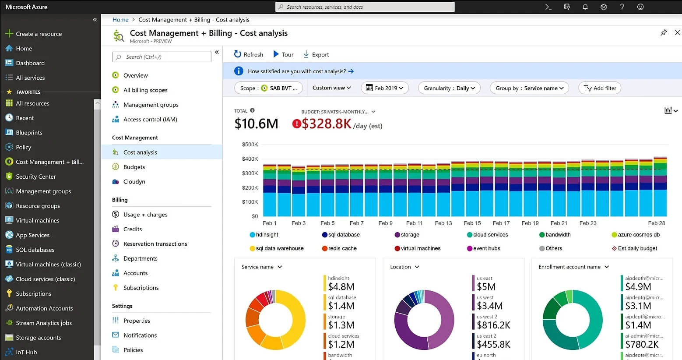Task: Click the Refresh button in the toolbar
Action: [x=249, y=54]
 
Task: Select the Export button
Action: [x=316, y=54]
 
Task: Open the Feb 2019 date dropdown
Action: [x=385, y=88]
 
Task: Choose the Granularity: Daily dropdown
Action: [x=449, y=88]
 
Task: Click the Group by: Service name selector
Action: [x=529, y=88]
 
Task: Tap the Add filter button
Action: [x=600, y=88]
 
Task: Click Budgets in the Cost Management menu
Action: [x=134, y=167]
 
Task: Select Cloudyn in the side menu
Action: [x=134, y=182]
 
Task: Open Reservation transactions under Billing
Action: [x=155, y=244]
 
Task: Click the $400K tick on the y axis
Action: [x=250, y=159]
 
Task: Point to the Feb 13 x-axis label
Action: [x=443, y=223]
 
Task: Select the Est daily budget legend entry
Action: [x=637, y=248]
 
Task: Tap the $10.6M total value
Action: [x=256, y=124]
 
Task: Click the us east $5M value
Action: [x=486, y=287]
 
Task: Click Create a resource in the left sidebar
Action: [x=39, y=34]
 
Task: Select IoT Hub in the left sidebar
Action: [x=26, y=352]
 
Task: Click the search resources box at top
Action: [x=365, y=7]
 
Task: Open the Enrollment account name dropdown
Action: [x=573, y=267]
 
